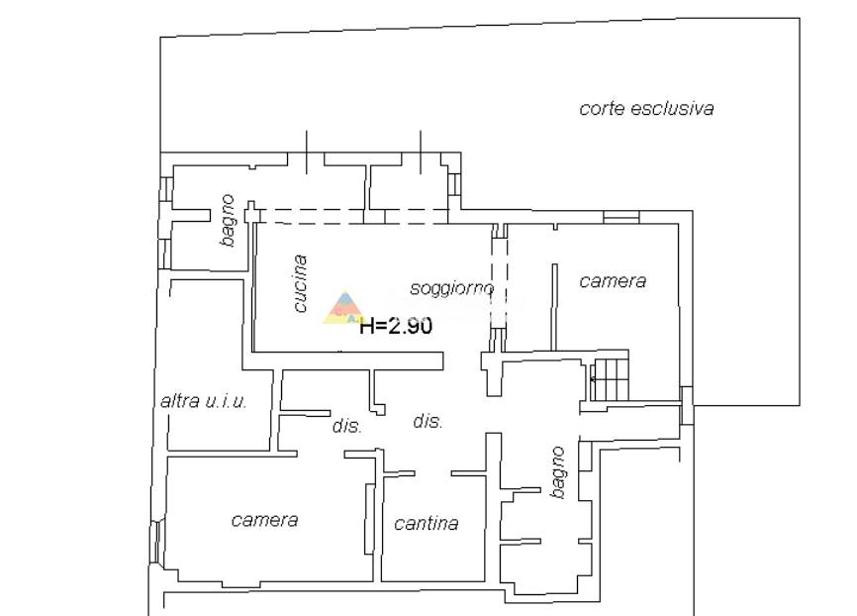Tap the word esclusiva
pos(672,108)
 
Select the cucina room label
pos(300,283)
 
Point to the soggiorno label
pos(452,288)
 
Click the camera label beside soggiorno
pos(613,281)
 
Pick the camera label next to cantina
pos(264,520)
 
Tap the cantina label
pos(427,524)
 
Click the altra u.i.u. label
pos(204,401)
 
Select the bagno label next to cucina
pos(228,221)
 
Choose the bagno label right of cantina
pos(557,472)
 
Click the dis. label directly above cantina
pos(428,421)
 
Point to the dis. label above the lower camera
pos(347,426)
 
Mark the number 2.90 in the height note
pos(410,326)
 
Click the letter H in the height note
pos(367,326)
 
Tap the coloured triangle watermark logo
pos(343,307)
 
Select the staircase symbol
pos(610,379)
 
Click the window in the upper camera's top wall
pos(621,217)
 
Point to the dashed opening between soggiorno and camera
pos(499,283)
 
